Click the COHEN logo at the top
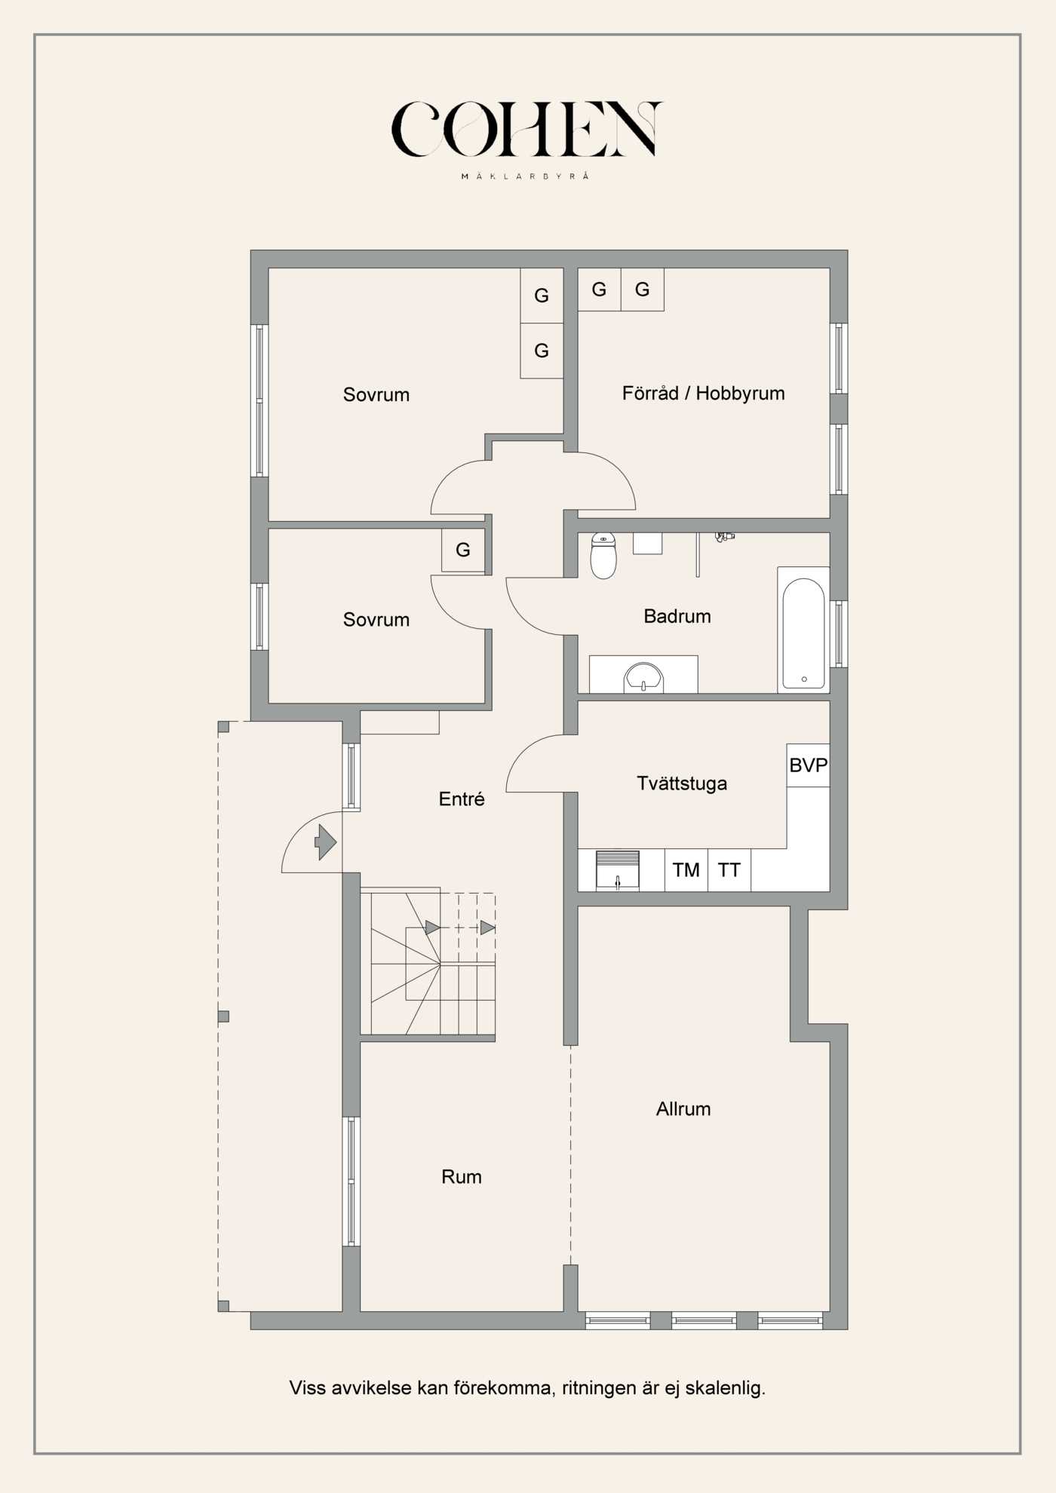point(526,130)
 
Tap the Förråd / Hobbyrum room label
point(703,394)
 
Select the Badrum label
point(677,617)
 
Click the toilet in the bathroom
point(603,556)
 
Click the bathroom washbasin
point(643,676)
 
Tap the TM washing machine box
point(686,870)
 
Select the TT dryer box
point(729,870)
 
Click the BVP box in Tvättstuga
point(808,765)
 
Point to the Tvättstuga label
point(682,783)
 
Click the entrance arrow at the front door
point(326,842)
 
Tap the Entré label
point(462,799)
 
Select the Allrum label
point(683,1109)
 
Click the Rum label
point(461,1177)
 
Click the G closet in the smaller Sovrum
point(462,550)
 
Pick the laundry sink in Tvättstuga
point(617,871)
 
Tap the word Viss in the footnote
point(308,1388)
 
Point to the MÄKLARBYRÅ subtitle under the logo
point(525,176)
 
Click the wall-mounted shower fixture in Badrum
point(724,537)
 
